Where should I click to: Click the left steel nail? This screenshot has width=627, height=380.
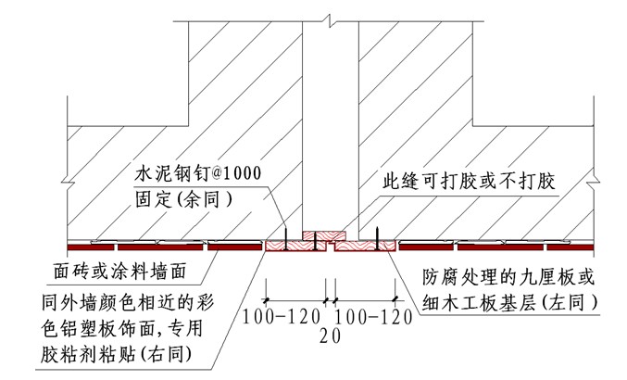pos(288,237)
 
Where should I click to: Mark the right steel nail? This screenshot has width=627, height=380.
pos(378,237)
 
